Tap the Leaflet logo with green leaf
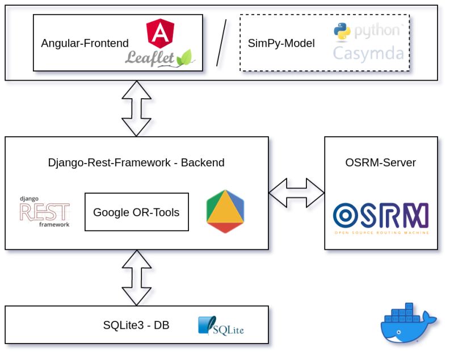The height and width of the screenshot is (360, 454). [x=160, y=57]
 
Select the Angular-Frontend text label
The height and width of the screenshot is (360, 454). [x=85, y=43]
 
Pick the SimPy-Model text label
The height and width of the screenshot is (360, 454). [x=281, y=43]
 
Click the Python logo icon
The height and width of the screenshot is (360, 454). [x=342, y=31]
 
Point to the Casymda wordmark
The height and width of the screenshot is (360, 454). [x=368, y=54]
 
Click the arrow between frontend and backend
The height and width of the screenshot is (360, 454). [x=137, y=108]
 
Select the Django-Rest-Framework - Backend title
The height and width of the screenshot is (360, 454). [x=136, y=163]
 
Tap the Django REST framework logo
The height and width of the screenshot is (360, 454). [x=44, y=212]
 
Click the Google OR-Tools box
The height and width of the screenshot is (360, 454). [x=136, y=212]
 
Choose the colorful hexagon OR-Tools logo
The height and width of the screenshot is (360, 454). [x=225, y=212]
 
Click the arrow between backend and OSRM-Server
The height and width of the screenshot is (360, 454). [x=296, y=192]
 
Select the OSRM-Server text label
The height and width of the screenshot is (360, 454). [x=380, y=163]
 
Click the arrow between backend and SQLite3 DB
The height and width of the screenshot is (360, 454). [x=137, y=277]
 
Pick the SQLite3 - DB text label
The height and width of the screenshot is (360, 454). [x=136, y=325]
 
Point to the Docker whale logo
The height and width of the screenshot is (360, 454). [x=407, y=323]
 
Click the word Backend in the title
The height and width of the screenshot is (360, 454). [x=203, y=163]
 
